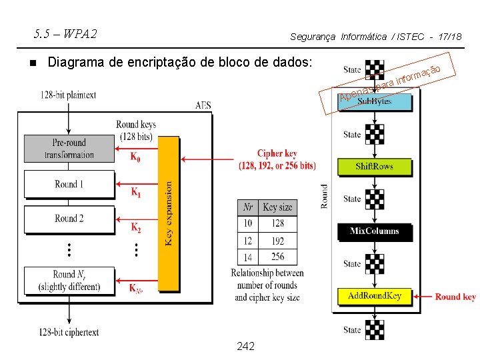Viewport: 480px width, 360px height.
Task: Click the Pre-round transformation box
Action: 69,149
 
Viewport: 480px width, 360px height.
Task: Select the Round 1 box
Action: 69,184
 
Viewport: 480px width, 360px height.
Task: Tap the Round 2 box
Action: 69,219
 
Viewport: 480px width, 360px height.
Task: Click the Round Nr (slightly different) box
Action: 69,280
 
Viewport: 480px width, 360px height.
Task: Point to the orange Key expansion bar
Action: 169,213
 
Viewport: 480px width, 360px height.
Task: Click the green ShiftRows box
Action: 374,167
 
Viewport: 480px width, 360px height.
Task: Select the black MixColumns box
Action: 374,231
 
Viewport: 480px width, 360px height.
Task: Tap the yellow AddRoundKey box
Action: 374,296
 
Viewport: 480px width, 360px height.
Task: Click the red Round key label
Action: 455,297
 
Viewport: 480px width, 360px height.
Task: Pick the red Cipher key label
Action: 277,160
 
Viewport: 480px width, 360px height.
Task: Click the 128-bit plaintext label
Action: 68,95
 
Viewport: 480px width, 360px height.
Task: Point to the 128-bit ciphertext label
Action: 69,331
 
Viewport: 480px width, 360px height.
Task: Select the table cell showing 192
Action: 278,240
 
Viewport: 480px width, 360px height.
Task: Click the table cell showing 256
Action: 278,257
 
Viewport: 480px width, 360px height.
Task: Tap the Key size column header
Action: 278,207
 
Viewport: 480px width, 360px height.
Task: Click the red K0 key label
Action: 135,158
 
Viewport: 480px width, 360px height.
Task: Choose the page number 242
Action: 245,347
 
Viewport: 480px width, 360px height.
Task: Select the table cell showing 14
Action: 247,257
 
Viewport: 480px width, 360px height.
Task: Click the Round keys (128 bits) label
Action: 136,131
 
